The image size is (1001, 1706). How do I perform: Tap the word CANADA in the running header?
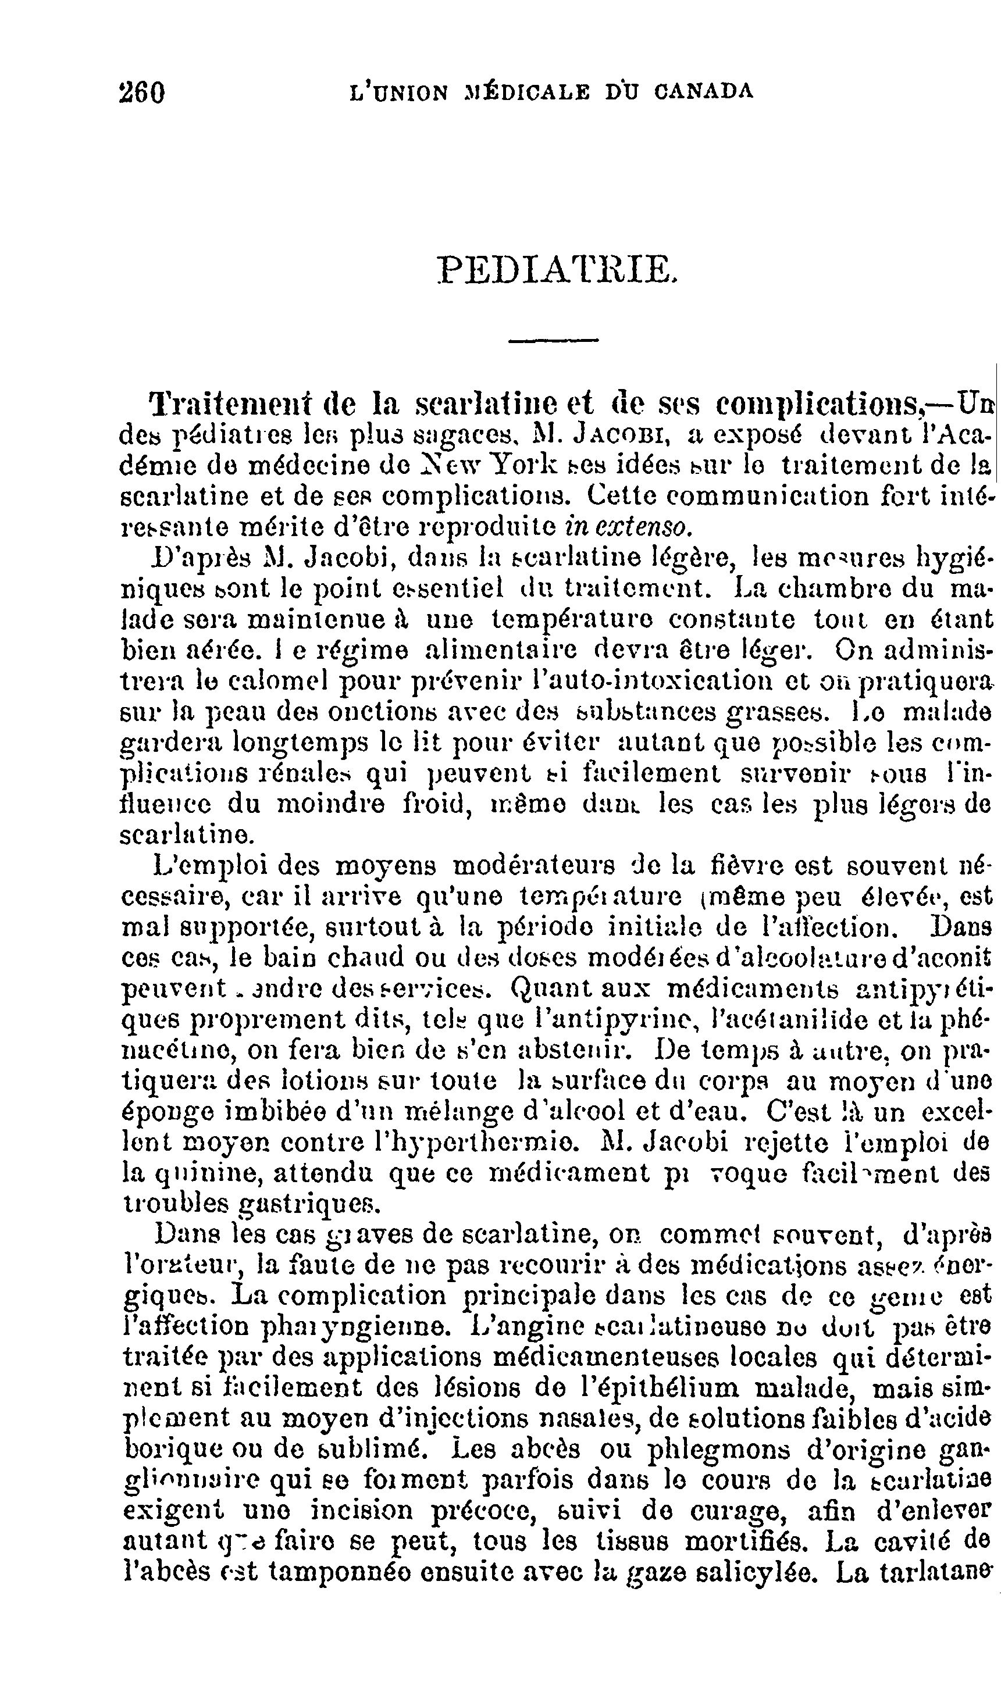tap(704, 91)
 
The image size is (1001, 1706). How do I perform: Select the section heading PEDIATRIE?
tap(556, 269)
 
